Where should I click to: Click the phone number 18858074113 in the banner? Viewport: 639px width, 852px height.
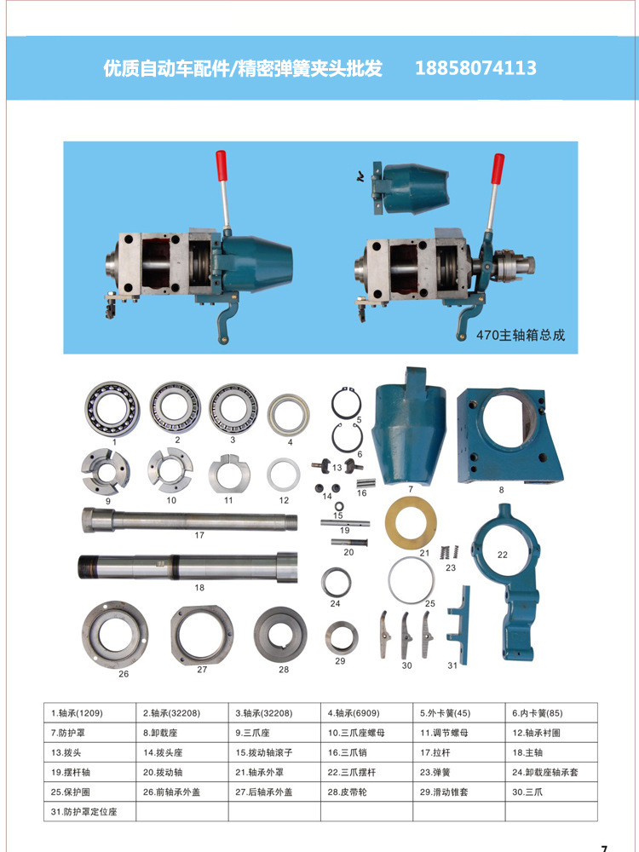(x=475, y=68)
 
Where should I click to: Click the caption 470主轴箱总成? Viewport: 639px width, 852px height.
(x=521, y=335)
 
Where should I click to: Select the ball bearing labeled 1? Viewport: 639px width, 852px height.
(x=112, y=409)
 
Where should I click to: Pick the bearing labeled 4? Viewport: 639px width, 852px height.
(x=289, y=415)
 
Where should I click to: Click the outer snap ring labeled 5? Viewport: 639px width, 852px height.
(x=346, y=403)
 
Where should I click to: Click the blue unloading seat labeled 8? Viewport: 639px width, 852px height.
(x=509, y=435)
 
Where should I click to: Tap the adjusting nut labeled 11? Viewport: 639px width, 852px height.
(x=228, y=473)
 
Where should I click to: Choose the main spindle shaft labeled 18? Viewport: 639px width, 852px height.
(x=188, y=567)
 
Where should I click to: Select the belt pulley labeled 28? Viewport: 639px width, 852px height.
(x=280, y=636)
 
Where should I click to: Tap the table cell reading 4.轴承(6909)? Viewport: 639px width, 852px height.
(x=366, y=713)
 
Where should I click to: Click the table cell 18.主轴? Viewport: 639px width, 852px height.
(x=551, y=752)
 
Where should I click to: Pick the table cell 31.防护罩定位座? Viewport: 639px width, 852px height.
(x=89, y=812)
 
